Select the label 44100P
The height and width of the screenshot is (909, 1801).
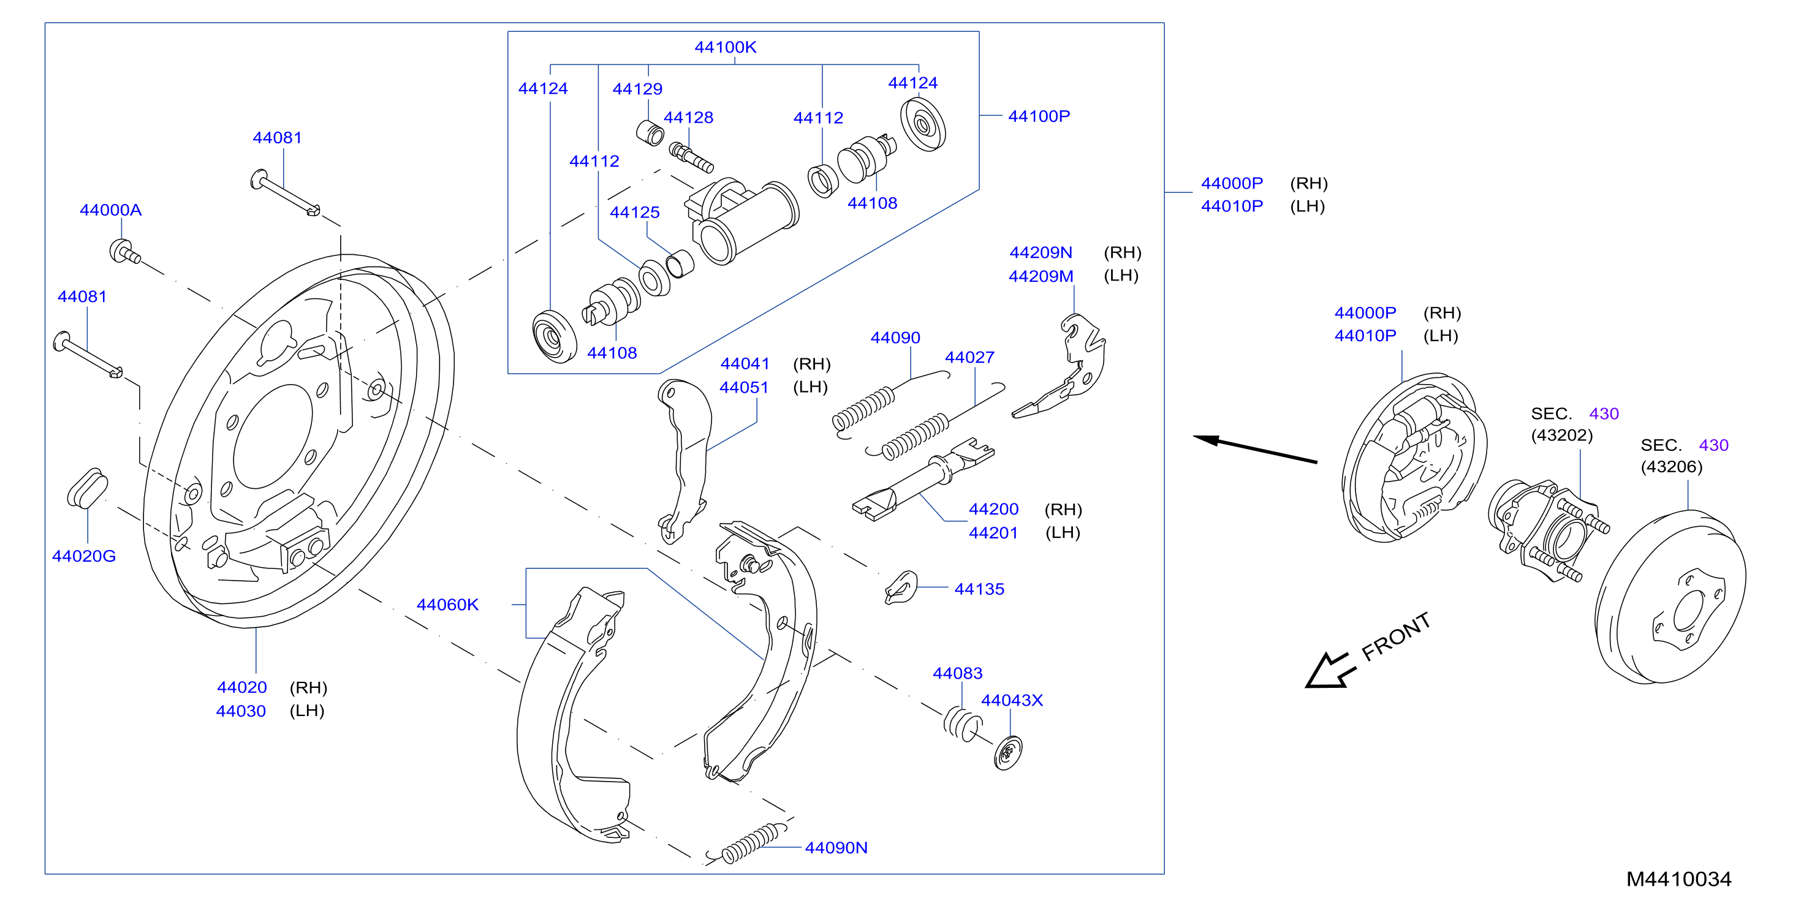tap(1038, 116)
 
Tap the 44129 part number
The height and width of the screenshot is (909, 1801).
tap(637, 89)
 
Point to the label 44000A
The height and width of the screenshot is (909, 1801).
tap(110, 209)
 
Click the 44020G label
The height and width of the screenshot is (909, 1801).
tap(84, 556)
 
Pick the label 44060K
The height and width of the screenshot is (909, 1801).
tap(447, 605)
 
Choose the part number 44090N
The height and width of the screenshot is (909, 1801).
tap(836, 848)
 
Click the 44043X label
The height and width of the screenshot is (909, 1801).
tap(1012, 700)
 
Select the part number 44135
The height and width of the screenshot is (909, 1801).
tap(979, 589)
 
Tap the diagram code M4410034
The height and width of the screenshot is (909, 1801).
tap(1678, 879)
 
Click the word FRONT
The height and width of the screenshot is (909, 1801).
tap(1396, 636)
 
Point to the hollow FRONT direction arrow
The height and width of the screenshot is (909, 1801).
tap(1330, 671)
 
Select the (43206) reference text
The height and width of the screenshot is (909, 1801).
tap(1672, 467)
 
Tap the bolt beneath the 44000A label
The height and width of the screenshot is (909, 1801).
tap(124, 252)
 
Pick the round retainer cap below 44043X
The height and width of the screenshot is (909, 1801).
tap(1007, 753)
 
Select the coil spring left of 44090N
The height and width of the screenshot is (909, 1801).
tap(746, 845)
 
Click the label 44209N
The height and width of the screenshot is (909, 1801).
tap(1041, 252)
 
